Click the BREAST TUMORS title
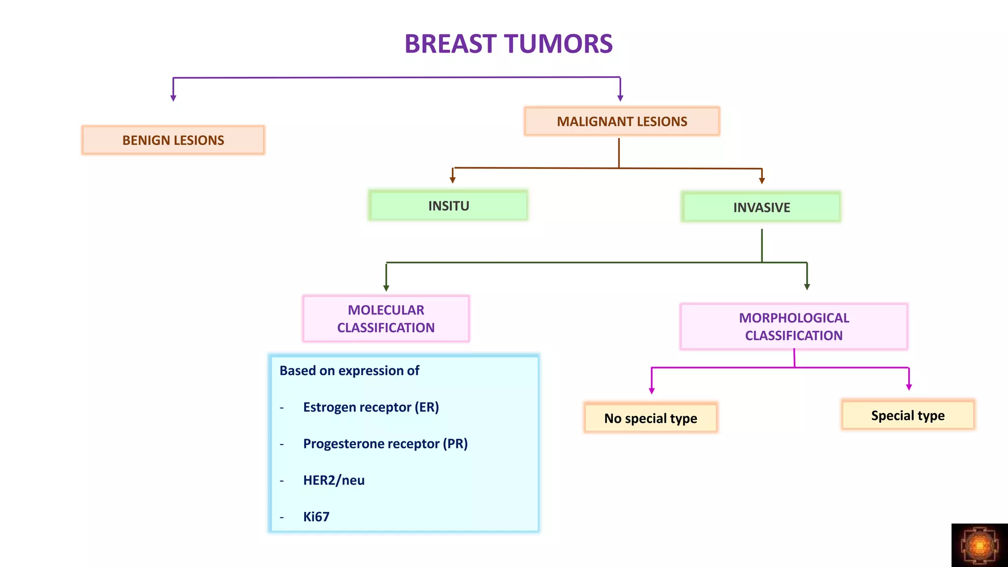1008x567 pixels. click(x=508, y=44)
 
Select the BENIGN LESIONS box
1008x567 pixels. click(x=173, y=140)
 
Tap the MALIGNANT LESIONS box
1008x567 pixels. click(x=622, y=121)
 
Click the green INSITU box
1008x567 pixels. click(x=448, y=206)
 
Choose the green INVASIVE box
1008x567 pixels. click(x=761, y=207)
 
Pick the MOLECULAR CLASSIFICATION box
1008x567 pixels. click(x=386, y=318)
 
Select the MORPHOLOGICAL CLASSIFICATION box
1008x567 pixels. click(x=793, y=326)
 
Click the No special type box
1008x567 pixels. click(x=650, y=418)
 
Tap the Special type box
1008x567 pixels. click(x=908, y=415)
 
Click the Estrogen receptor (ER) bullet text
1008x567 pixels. click(x=371, y=407)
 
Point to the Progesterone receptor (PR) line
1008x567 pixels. click(x=385, y=443)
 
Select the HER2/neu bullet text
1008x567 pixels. click(x=334, y=480)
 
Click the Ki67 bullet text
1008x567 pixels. click(x=316, y=516)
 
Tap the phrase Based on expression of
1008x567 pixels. click(x=349, y=371)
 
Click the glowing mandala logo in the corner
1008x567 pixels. click(x=979, y=545)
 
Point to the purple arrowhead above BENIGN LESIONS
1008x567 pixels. click(x=173, y=98)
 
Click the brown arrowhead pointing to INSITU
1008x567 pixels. click(x=452, y=180)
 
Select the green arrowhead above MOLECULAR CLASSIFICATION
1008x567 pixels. click(x=386, y=288)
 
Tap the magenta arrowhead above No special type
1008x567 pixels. click(x=652, y=391)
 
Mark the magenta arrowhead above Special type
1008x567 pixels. click(x=909, y=387)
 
